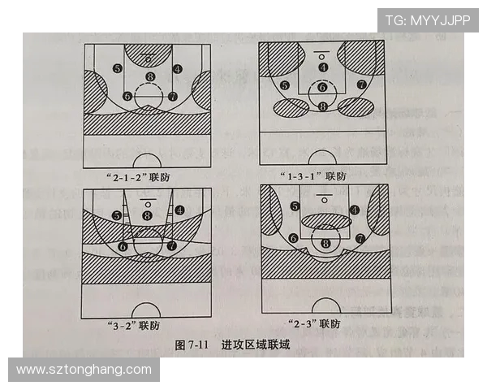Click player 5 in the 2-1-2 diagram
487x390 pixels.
tap(119, 68)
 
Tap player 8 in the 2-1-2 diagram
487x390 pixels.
tap(149, 77)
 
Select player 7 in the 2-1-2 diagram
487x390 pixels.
tap(172, 96)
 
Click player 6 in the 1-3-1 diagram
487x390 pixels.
tap(322, 87)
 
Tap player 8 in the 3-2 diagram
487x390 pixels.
tap(147, 214)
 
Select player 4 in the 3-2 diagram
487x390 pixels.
tap(178, 210)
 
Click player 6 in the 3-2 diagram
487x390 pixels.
tap(123, 245)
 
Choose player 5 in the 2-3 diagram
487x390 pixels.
tap(295, 207)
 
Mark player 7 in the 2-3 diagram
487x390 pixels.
tap(359, 239)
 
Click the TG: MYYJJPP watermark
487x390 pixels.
tap(427, 20)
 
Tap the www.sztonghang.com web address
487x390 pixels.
tap(84, 370)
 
